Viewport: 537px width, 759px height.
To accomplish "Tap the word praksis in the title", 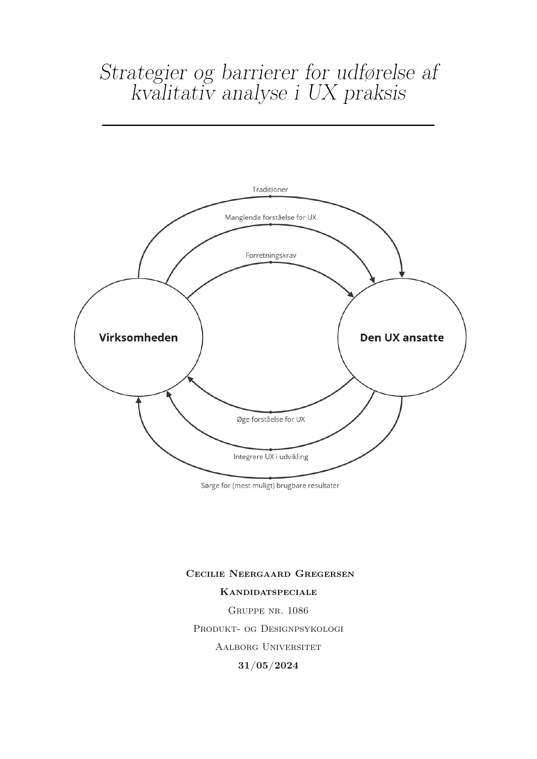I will (x=375, y=93).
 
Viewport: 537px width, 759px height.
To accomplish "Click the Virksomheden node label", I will (x=138, y=338).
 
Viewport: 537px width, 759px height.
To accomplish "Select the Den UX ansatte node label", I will (x=402, y=338).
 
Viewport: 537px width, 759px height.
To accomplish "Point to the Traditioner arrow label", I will (x=270, y=190).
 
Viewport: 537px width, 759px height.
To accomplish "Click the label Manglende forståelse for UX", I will (x=270, y=217).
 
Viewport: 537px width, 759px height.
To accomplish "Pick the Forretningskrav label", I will (x=271, y=255).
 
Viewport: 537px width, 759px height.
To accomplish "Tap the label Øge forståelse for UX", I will (x=271, y=419).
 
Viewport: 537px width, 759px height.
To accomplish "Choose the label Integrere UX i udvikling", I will (x=271, y=457).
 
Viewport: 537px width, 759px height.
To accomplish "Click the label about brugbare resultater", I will (x=270, y=486).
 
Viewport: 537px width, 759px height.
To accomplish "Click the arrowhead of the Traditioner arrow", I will (x=402, y=274).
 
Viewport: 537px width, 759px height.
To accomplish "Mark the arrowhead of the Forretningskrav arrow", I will (x=350, y=294).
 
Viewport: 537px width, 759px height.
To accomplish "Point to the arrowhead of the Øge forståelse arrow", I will (x=190, y=379).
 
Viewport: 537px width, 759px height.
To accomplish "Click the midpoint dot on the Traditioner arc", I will (x=270, y=196).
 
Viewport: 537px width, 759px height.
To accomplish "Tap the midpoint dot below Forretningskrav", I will (x=270, y=262).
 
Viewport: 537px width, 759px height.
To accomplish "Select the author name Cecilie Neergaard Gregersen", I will (x=270, y=574).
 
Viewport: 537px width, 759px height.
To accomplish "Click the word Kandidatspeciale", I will (x=268, y=592).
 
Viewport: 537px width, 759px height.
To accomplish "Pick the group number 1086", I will (x=298, y=611).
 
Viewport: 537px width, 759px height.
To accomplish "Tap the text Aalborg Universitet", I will (x=268, y=647).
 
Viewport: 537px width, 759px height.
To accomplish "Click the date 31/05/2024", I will (x=268, y=666).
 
